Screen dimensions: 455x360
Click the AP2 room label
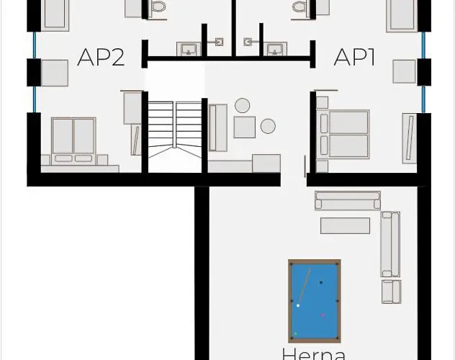(101, 57)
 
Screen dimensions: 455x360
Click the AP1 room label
(354, 57)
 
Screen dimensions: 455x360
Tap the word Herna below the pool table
(314, 354)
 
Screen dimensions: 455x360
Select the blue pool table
(315, 301)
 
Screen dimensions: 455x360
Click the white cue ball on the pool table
(298, 305)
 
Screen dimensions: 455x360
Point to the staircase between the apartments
(175, 130)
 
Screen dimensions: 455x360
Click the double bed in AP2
(73, 141)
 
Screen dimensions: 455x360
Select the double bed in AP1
(343, 135)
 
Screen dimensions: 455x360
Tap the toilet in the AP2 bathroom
(158, 7)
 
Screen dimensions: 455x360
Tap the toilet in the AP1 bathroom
(300, 7)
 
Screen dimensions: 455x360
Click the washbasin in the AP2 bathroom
(189, 49)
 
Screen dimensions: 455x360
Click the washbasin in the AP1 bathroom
(275, 49)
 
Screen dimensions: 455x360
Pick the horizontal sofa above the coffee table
(348, 200)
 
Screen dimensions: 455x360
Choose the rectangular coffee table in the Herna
(346, 225)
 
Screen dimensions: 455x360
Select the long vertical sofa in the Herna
(391, 244)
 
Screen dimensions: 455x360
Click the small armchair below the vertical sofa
(392, 292)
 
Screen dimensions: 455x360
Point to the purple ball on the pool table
(323, 315)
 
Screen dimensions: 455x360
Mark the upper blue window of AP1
(423, 45)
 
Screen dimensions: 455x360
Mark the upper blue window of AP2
(35, 45)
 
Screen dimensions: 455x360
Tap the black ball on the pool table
(321, 282)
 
